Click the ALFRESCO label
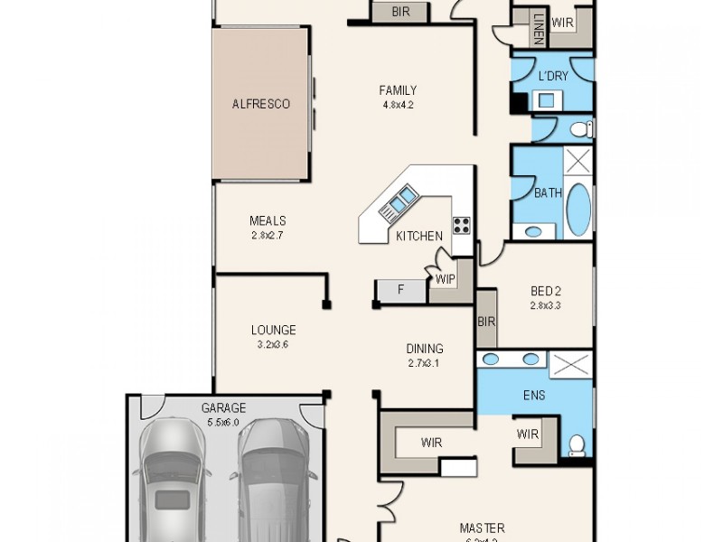pyautogui.click(x=261, y=105)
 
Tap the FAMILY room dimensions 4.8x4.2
pyautogui.click(x=398, y=104)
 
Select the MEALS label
pyautogui.click(x=268, y=221)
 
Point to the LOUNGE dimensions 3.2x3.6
pyautogui.click(x=273, y=344)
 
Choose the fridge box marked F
pyautogui.click(x=400, y=290)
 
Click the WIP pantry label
pyautogui.click(x=446, y=280)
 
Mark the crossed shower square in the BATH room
pyautogui.click(x=577, y=164)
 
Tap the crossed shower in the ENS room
pyautogui.click(x=571, y=366)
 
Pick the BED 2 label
pyautogui.click(x=546, y=292)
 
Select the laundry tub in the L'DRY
pyautogui.click(x=547, y=100)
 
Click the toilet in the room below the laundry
pyautogui.click(x=583, y=129)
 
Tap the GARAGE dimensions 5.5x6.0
pyautogui.click(x=223, y=421)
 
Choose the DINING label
pyautogui.click(x=424, y=349)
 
